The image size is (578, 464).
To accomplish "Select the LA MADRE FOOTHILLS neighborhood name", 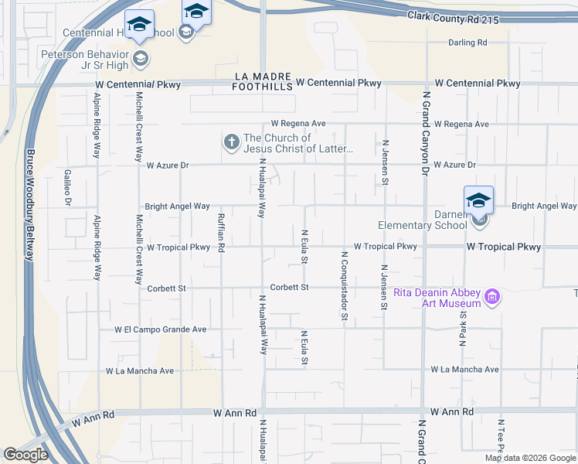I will point(263,82).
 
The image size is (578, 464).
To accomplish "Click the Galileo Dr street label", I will point(68,188).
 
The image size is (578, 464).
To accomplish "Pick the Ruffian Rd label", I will point(221,233).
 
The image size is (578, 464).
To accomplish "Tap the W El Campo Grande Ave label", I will point(161,329).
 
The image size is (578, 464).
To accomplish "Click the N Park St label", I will point(463,325).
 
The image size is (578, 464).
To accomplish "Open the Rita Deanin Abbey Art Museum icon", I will point(491,297).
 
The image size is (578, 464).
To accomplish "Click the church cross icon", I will point(230,142).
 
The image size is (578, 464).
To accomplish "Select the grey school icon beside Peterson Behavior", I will point(141,57).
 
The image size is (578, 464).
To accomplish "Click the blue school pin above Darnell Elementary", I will point(478,200).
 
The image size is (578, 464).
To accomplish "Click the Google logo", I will point(25,455).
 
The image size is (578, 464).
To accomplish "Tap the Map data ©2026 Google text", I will point(529,458).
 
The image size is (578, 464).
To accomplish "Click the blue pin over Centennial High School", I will point(139,26).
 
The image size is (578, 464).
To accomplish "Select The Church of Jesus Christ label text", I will point(298,143).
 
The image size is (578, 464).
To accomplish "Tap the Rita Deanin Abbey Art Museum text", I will point(437,298).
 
